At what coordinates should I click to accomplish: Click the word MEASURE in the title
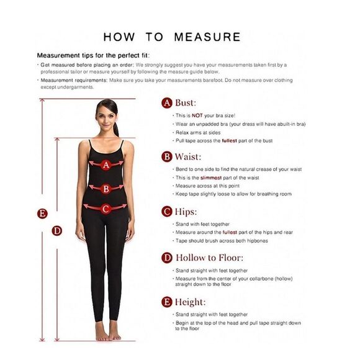pos(207,37)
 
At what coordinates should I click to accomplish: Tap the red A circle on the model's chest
pos(106,165)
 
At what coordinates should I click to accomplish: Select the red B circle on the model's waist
pos(106,189)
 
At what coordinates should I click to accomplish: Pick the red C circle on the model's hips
pos(106,209)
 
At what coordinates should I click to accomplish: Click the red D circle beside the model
pos(56,231)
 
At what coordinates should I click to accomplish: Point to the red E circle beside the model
pos(42,214)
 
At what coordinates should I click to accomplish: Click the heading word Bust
pos(186,102)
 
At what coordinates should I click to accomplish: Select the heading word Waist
pos(187,157)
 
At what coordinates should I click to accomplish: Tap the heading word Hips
pos(186,212)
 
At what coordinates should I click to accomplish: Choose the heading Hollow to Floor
pos(209,258)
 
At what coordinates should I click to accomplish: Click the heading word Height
pos(190,302)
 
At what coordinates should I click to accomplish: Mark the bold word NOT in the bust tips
pos(197,115)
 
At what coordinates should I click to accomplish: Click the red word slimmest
pos(211,178)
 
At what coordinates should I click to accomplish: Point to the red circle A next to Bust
pos(167,103)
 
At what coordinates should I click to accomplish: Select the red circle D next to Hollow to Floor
pos(167,258)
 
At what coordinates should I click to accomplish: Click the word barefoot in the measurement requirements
pos(213,80)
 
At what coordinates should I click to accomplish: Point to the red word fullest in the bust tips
pos(229,141)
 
